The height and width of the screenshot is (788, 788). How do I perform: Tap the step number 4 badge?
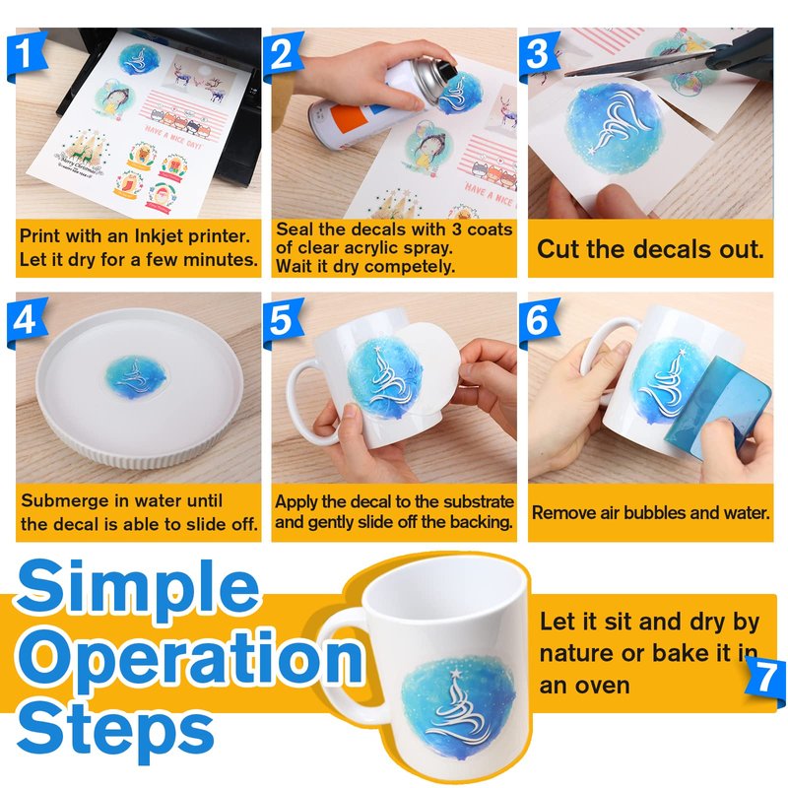coord(27,321)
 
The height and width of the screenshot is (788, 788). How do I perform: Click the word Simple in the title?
coord(138,588)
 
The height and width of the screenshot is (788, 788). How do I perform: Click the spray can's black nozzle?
coord(446,68)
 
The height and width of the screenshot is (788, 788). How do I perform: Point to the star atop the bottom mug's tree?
coord(455,672)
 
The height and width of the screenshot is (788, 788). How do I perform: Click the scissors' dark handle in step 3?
coord(743,55)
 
